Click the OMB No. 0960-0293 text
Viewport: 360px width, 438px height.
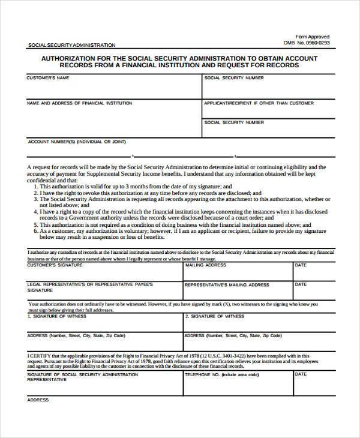click(x=306, y=43)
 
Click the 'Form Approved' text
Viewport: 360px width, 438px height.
click(x=313, y=37)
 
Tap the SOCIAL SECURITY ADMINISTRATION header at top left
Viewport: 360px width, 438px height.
click(x=71, y=45)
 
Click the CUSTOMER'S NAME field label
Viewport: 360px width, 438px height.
click(x=47, y=78)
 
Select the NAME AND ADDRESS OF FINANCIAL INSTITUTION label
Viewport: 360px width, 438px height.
click(x=79, y=103)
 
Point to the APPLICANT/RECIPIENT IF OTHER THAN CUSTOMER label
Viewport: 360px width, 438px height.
click(x=259, y=103)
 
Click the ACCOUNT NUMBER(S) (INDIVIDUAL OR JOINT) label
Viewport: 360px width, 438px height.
click(x=77, y=142)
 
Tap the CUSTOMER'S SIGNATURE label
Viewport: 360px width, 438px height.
click(x=55, y=265)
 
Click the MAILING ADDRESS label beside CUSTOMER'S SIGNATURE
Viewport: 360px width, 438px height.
click(x=206, y=265)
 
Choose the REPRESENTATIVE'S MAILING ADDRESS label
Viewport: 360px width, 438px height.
click(x=227, y=285)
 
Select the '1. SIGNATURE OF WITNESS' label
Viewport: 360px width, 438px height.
click(x=57, y=316)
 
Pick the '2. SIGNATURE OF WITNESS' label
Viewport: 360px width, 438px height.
click(x=214, y=316)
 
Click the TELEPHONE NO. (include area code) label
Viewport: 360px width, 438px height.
click(x=221, y=374)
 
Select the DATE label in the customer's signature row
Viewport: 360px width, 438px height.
click(x=301, y=265)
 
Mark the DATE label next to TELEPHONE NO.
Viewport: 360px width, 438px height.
click(x=301, y=374)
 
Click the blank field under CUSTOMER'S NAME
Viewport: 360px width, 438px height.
click(x=111, y=90)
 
